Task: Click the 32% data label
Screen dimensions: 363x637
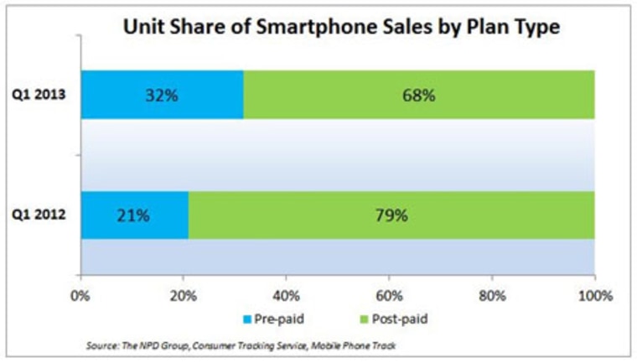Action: [161, 95]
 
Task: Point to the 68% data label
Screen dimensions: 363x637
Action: [418, 95]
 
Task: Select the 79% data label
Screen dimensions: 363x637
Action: [390, 215]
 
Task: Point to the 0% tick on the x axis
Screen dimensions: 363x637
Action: [80, 295]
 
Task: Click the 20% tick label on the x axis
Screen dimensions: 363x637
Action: [183, 295]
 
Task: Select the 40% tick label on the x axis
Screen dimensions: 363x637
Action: [286, 295]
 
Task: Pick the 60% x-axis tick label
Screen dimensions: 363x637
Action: [389, 295]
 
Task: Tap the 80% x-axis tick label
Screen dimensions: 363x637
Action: [492, 295]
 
